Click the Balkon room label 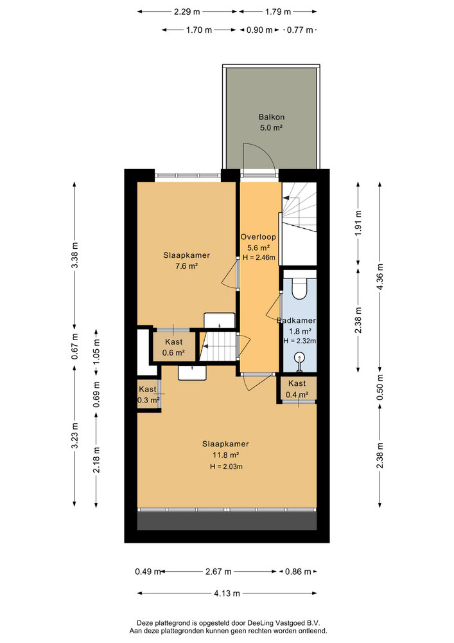(271, 117)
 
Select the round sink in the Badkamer (299, 358)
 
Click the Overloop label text (258, 237)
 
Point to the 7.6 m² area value (186, 266)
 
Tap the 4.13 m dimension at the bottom (227, 593)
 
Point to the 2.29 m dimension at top (186, 12)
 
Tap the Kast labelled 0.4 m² (297, 389)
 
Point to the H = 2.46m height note (258, 257)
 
